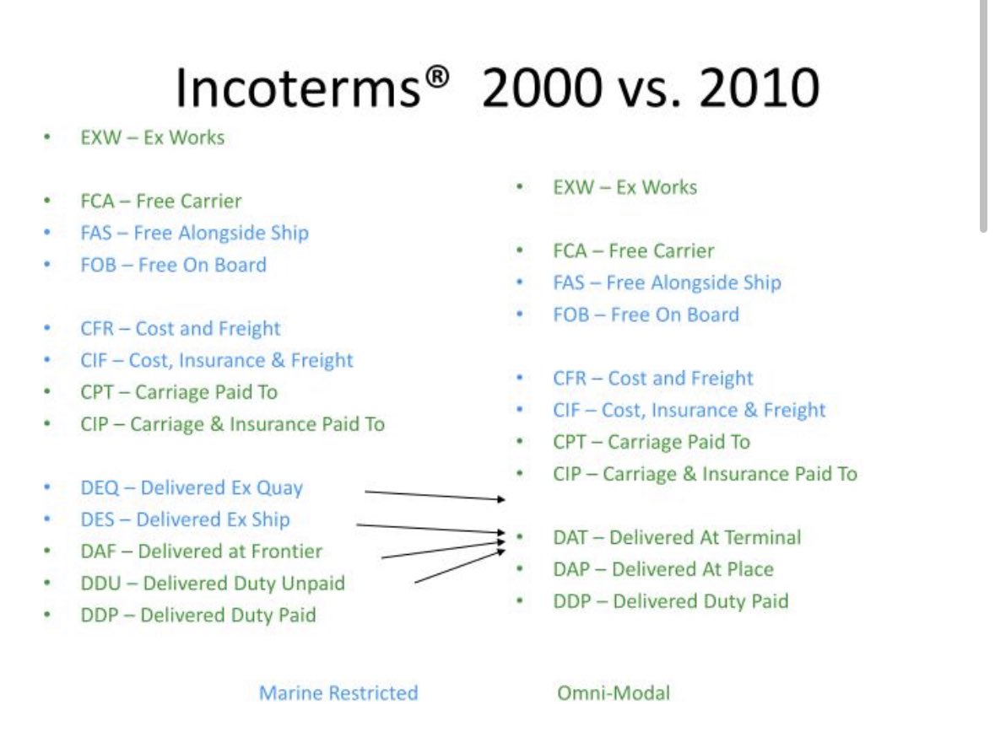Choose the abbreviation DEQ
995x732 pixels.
[99, 487]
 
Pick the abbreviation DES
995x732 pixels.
[98, 519]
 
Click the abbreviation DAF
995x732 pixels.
[98, 552]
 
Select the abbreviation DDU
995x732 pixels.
[100, 584]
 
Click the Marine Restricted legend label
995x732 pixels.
[338, 693]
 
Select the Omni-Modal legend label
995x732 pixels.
[614, 693]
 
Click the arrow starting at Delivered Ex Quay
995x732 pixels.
[434, 495]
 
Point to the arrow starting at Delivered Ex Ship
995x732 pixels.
[430, 529]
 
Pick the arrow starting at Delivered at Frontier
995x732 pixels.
[443, 550]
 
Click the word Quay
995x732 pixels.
[279, 488]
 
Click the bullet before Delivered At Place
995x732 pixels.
[521, 569]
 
